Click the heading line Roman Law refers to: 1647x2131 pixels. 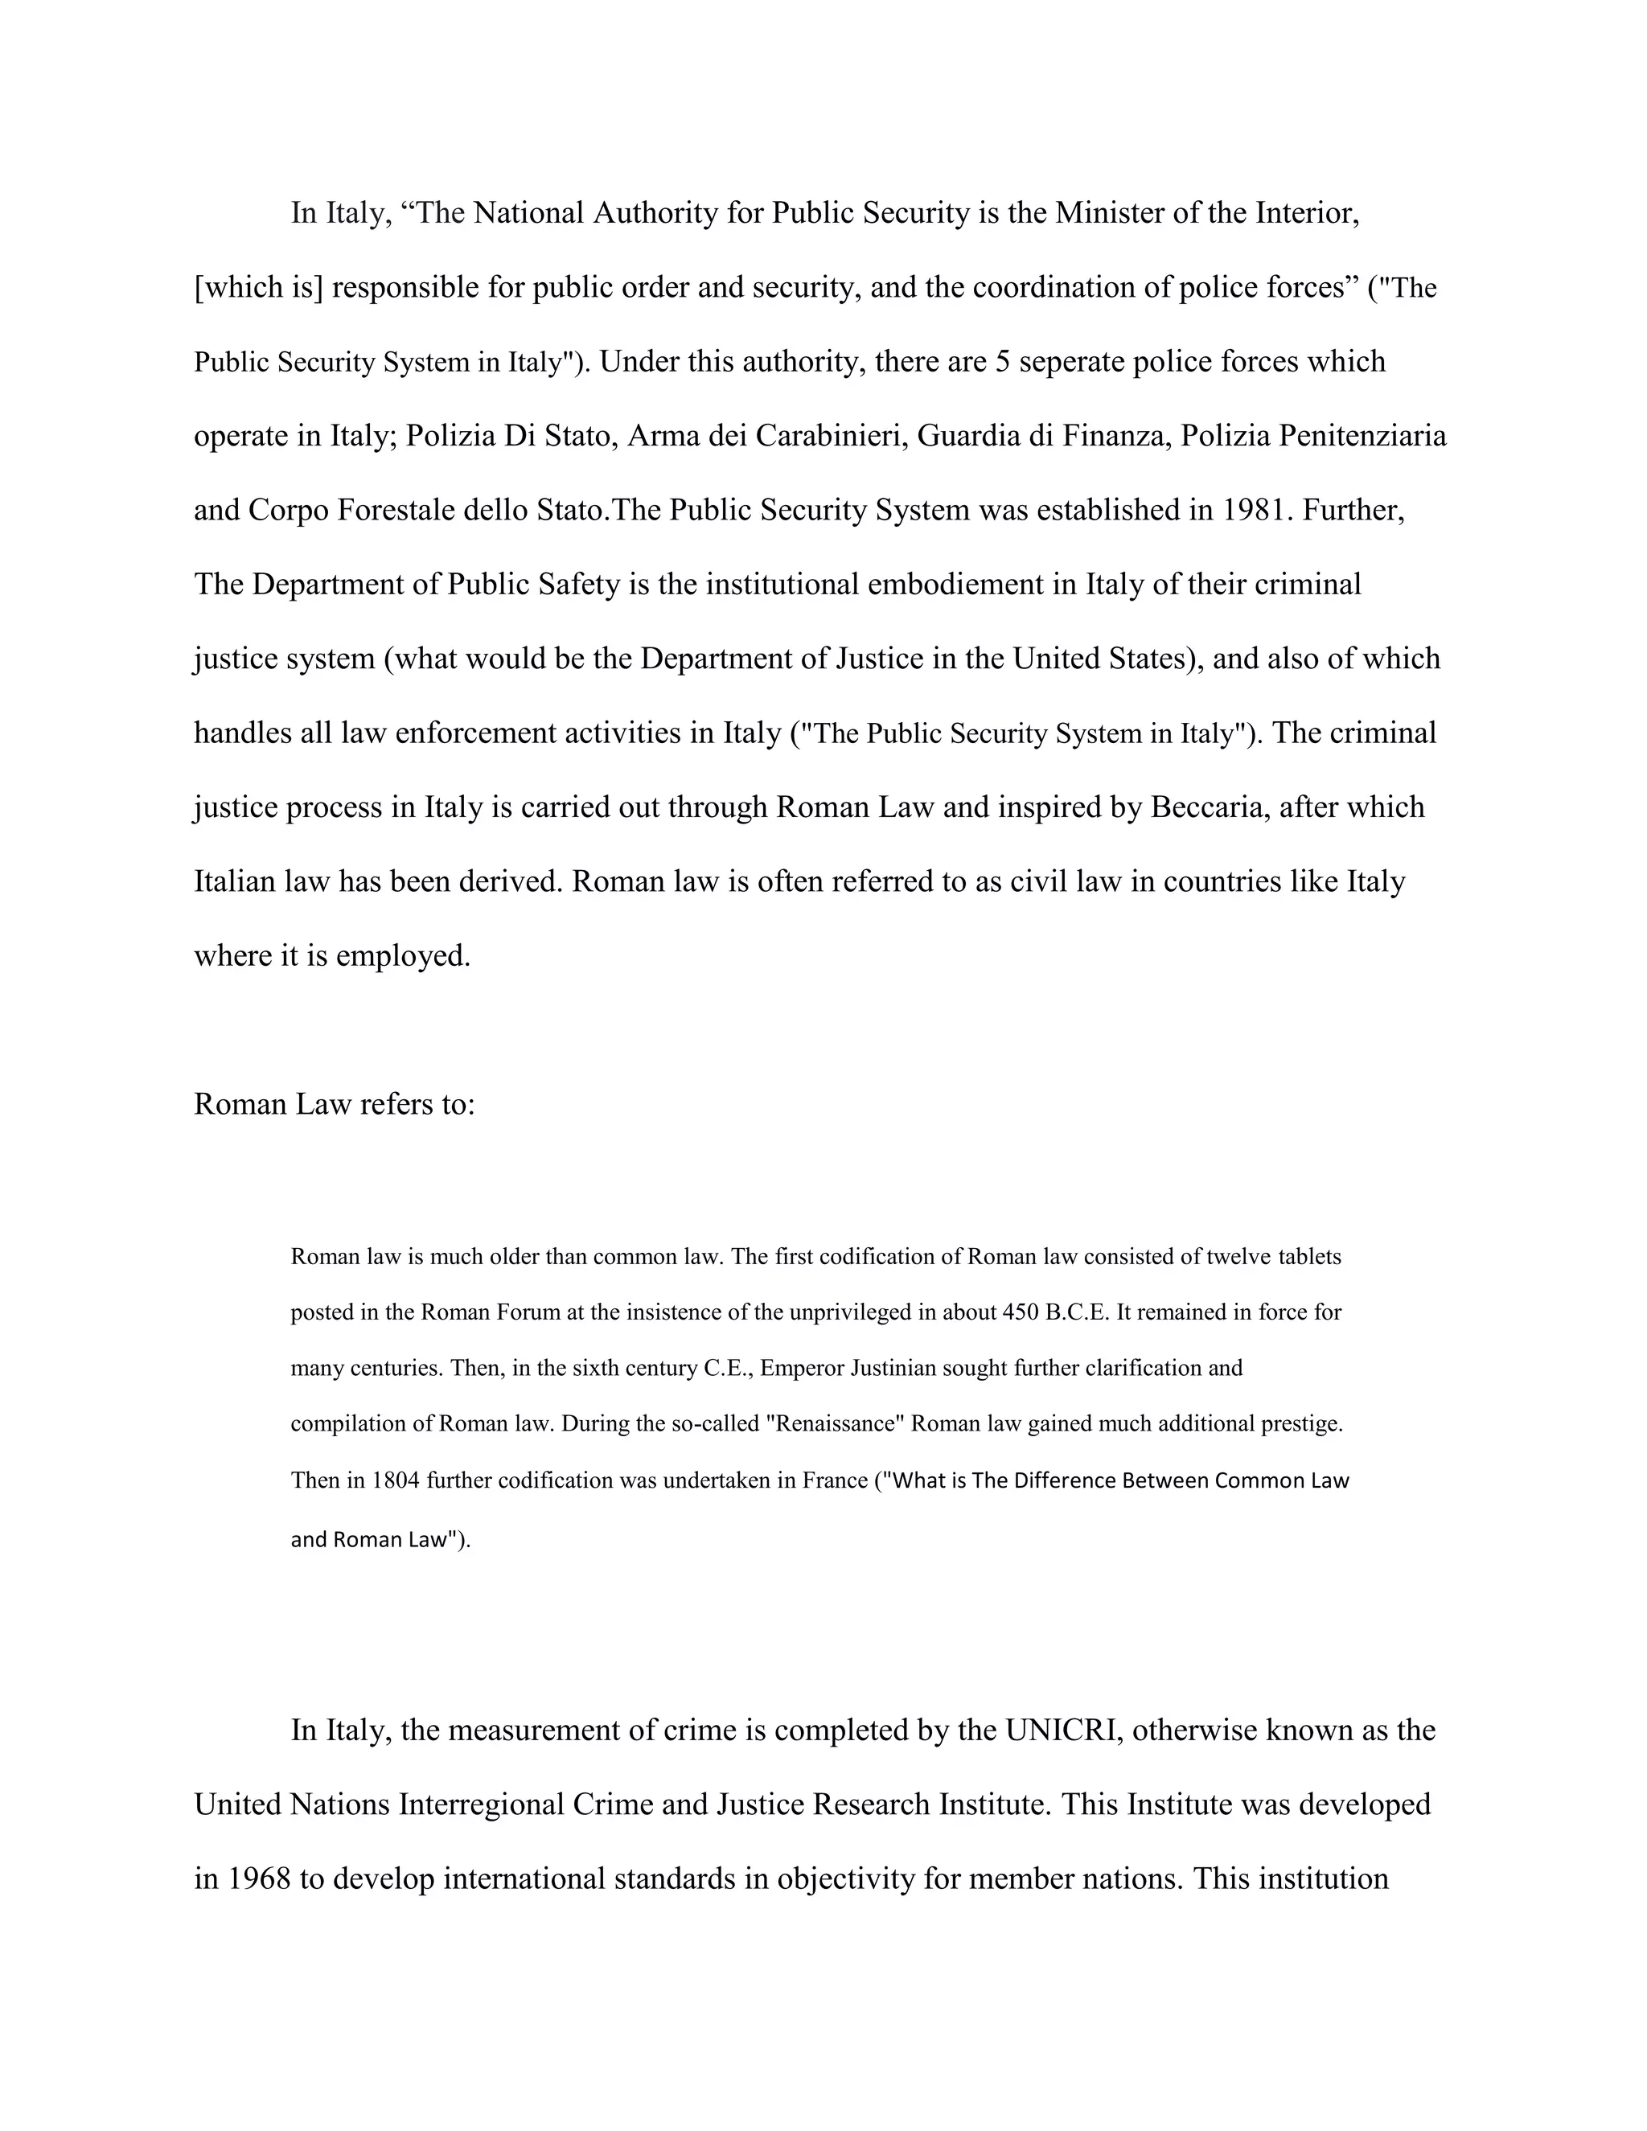tap(335, 1103)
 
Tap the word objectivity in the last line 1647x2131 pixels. tap(845, 1878)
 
